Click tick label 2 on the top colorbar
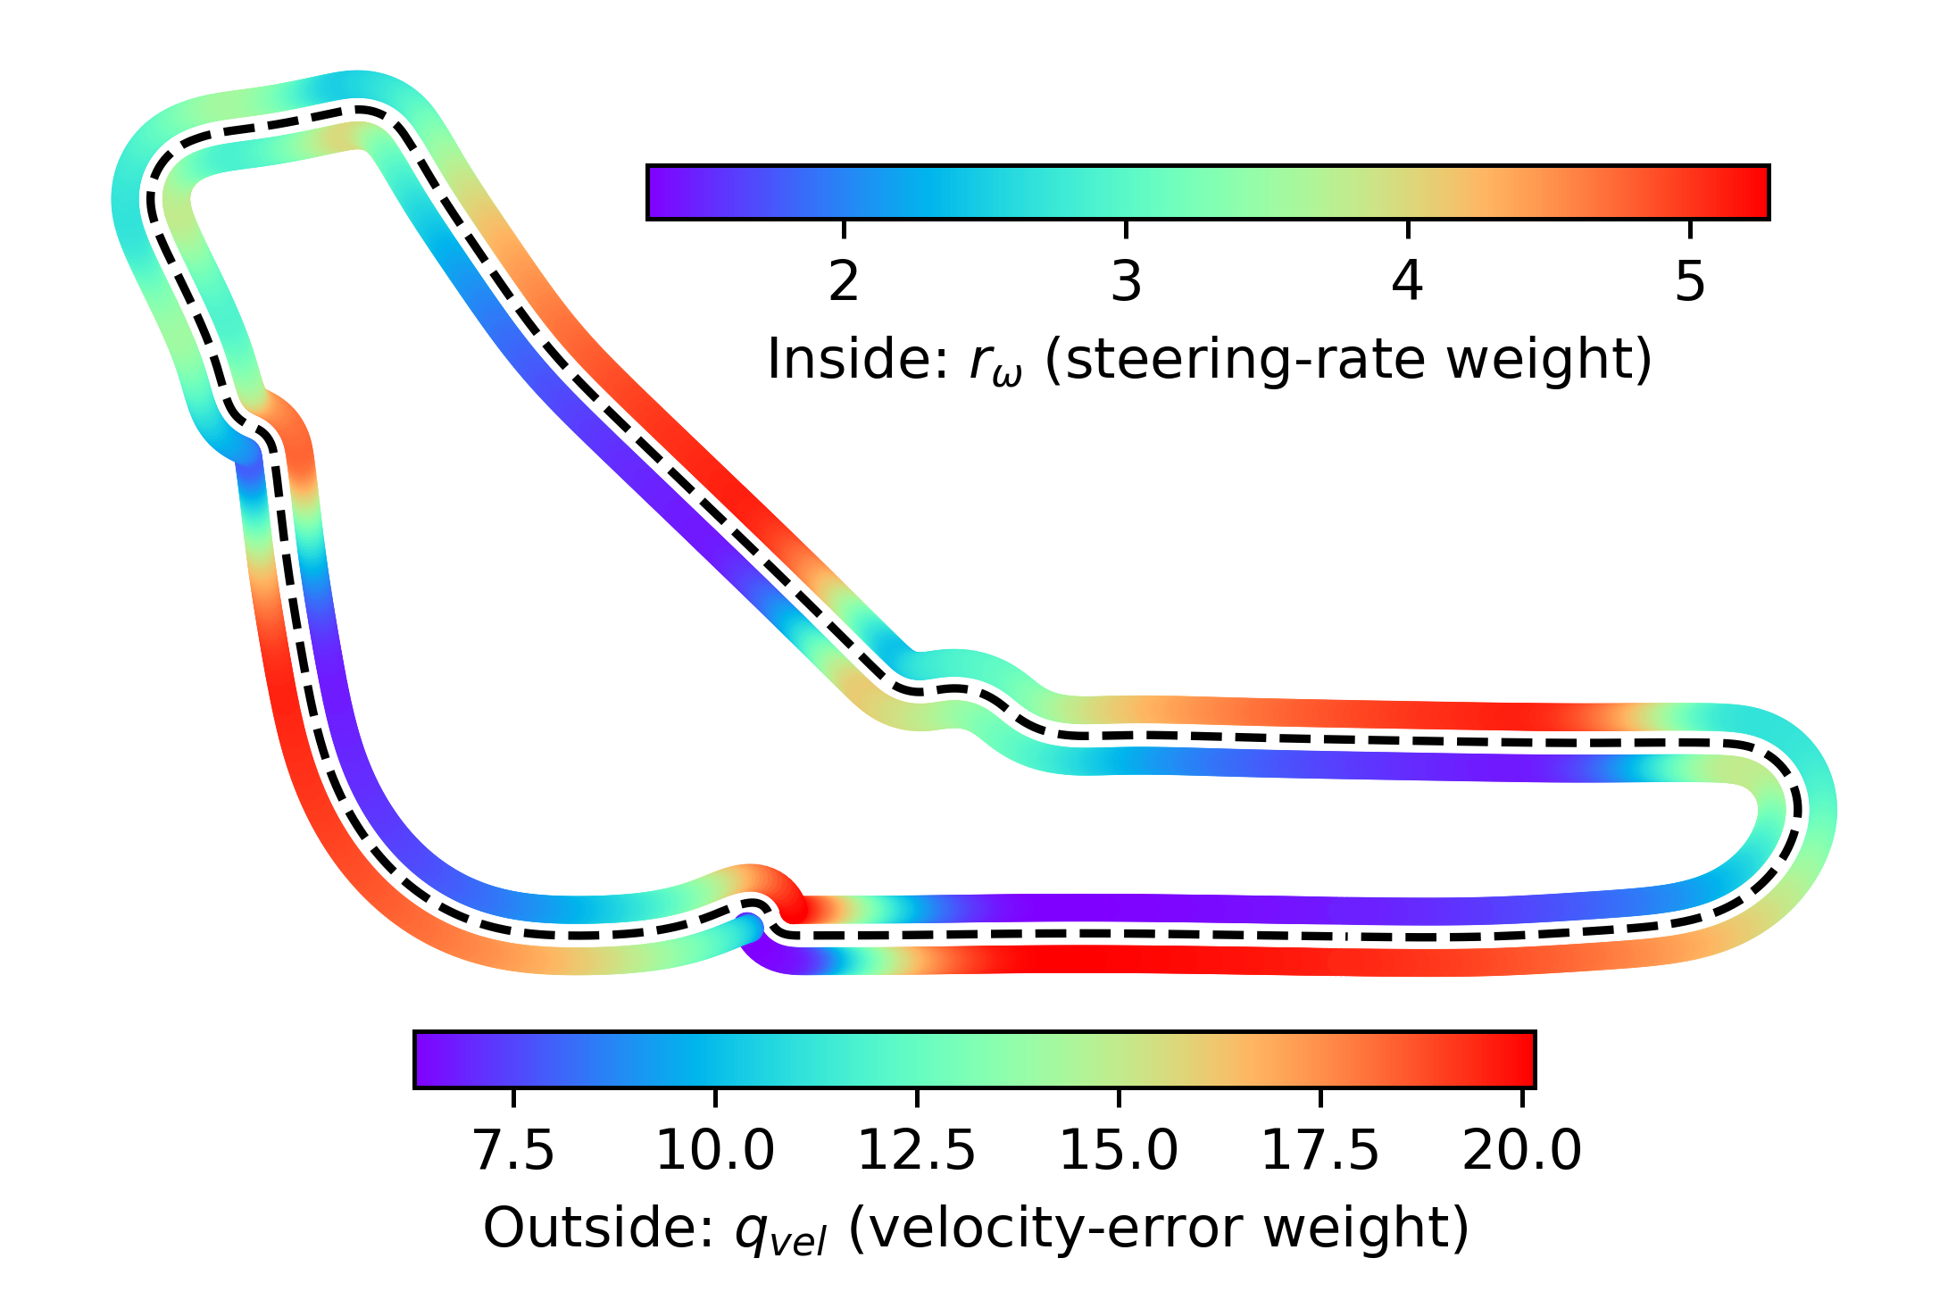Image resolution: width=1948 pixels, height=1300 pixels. tap(844, 281)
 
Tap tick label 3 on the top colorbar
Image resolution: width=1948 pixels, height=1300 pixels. tap(1126, 281)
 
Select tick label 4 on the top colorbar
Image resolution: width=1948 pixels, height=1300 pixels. tap(1407, 281)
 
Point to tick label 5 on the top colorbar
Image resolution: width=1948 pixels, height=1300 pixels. tap(1689, 281)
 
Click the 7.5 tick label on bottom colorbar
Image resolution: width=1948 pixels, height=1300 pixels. tap(513, 1150)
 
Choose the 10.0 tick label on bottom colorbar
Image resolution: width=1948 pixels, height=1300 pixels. tap(714, 1150)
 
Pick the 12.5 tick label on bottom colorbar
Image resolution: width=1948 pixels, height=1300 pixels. tap(916, 1150)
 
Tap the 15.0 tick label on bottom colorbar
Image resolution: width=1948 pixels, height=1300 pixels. tap(1118, 1150)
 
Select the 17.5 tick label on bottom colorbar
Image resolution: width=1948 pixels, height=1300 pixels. tap(1319, 1150)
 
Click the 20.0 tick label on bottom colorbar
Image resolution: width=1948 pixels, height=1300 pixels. tap(1521, 1150)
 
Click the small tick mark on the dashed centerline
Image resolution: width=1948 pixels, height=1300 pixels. tap(1347, 937)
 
